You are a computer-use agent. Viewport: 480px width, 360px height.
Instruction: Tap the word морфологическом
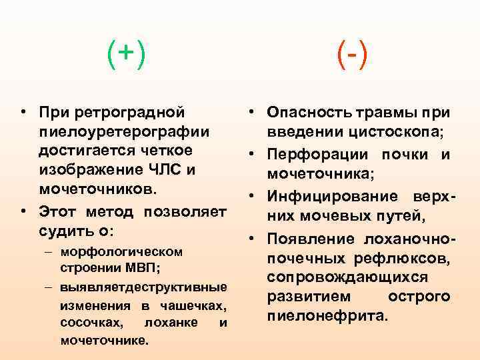pos(121,252)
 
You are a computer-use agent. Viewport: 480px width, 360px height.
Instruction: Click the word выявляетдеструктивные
pos(143,287)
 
